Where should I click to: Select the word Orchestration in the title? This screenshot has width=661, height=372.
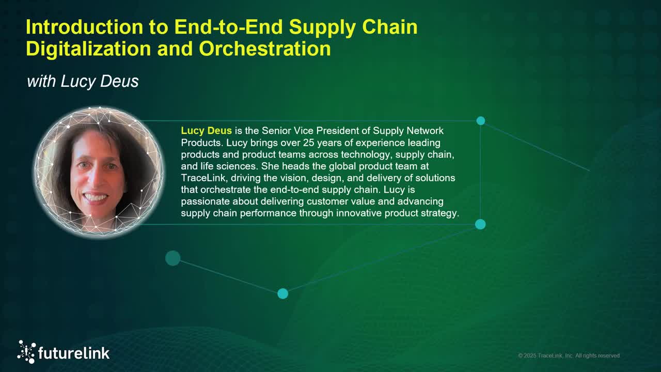pyautogui.click(x=265, y=49)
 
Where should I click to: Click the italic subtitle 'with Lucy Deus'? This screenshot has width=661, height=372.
pyautogui.click(x=83, y=81)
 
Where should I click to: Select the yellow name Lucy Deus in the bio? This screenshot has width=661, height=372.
pyautogui.click(x=206, y=131)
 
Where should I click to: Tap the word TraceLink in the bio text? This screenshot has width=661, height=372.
pyautogui.click(x=203, y=178)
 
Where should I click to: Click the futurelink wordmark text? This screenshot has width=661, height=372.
pyautogui.click(x=74, y=353)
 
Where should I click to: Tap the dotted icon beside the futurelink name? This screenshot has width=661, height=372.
pyautogui.click(x=26, y=351)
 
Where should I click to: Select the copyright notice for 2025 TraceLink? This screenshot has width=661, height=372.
pyautogui.click(x=569, y=355)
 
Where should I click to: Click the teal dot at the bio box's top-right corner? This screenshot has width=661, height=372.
pyautogui.click(x=481, y=121)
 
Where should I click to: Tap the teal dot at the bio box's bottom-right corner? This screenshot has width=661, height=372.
pyautogui.click(x=480, y=224)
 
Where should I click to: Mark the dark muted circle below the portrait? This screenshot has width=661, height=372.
pyautogui.click(x=172, y=258)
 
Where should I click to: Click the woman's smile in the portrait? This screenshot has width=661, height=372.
pyautogui.click(x=96, y=197)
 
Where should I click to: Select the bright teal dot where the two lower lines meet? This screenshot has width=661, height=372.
pyautogui.click(x=282, y=293)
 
